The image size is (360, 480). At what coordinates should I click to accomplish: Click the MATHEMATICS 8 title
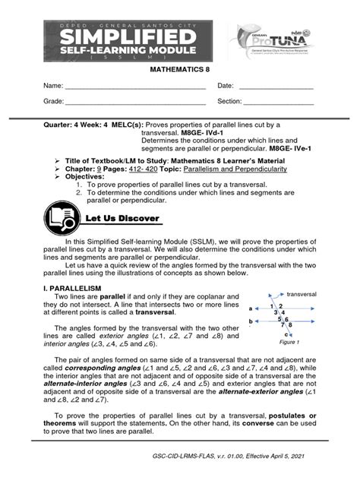[180, 69]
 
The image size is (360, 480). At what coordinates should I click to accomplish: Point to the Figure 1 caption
[289, 343]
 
